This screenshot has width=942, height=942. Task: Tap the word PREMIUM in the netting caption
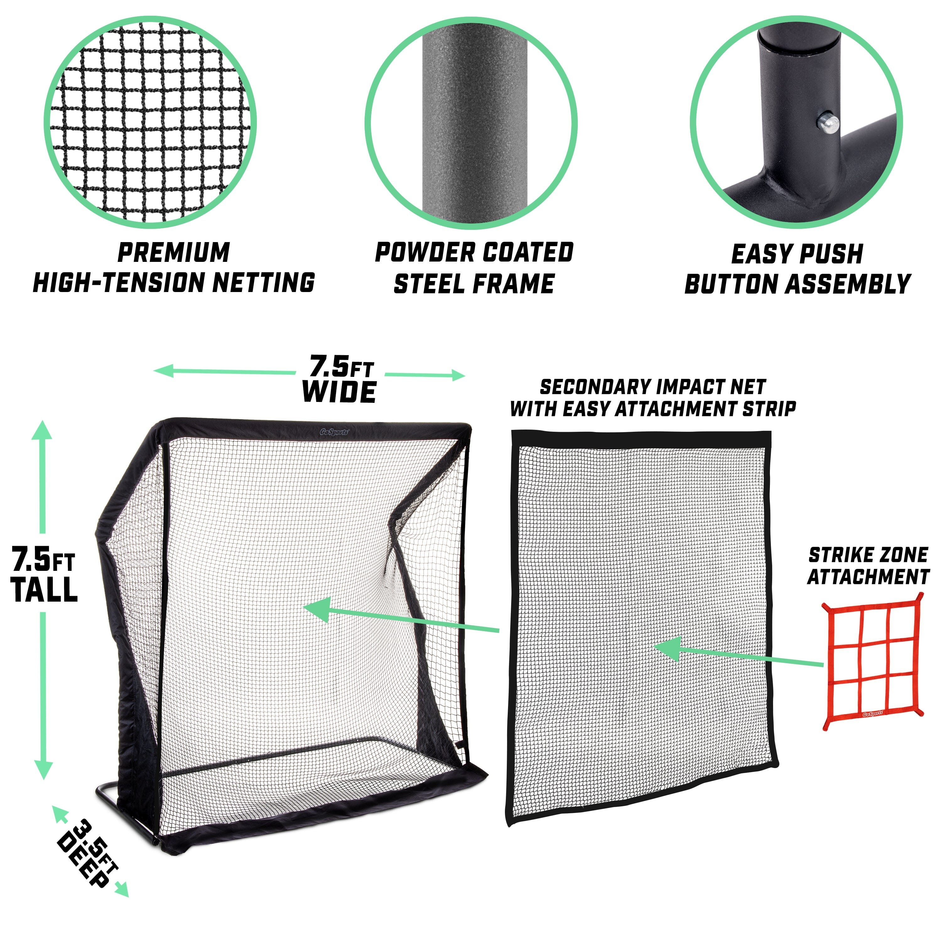pos(174,252)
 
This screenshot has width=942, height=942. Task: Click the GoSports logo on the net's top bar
pos(334,432)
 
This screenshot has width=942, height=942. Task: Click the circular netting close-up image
pos(150,122)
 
